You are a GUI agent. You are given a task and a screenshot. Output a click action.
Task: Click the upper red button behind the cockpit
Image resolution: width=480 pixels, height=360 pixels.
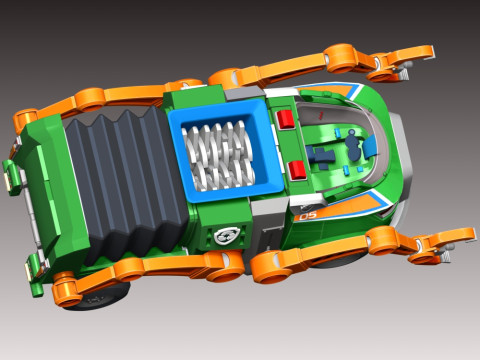[x=286, y=119]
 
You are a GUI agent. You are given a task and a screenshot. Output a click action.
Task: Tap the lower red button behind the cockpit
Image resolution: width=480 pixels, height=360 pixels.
[x=298, y=170]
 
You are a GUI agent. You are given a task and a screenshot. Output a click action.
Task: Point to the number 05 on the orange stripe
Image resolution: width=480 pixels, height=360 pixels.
[x=308, y=216]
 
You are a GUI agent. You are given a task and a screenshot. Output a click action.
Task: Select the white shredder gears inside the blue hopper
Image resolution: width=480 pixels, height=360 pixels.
[x=218, y=156]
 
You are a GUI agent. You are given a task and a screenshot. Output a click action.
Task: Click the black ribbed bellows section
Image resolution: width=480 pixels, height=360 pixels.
[x=127, y=182]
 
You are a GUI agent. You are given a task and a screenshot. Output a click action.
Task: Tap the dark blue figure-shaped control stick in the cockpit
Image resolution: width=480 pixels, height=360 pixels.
[x=353, y=146]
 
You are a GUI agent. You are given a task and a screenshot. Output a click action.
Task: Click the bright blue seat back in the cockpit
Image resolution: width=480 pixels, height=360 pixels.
[x=371, y=147]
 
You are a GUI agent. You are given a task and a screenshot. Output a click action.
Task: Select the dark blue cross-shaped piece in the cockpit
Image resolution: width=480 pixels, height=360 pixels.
[x=320, y=156]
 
